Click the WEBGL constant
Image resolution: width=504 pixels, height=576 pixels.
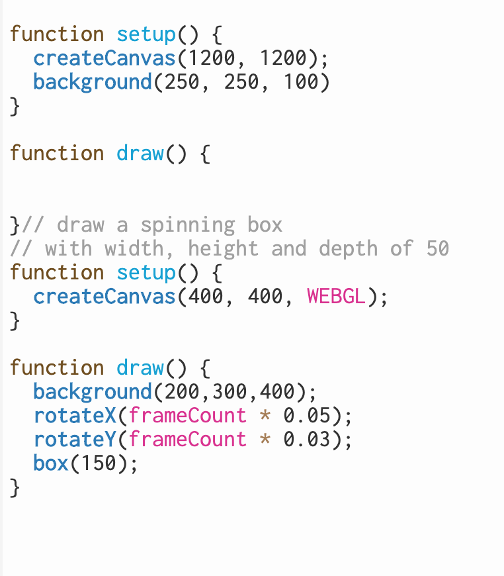click(x=336, y=296)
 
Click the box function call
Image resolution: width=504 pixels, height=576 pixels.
click(x=51, y=463)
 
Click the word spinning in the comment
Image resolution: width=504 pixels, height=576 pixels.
click(x=187, y=224)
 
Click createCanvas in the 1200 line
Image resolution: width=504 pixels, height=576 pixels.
click(x=105, y=58)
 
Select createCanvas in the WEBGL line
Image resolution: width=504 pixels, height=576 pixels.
click(x=105, y=296)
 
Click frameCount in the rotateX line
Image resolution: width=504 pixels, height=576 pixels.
click(x=187, y=415)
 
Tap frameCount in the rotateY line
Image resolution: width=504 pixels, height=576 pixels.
click(x=187, y=439)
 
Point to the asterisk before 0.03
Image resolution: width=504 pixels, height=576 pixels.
click(x=265, y=439)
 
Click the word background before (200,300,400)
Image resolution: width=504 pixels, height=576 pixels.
click(x=93, y=391)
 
